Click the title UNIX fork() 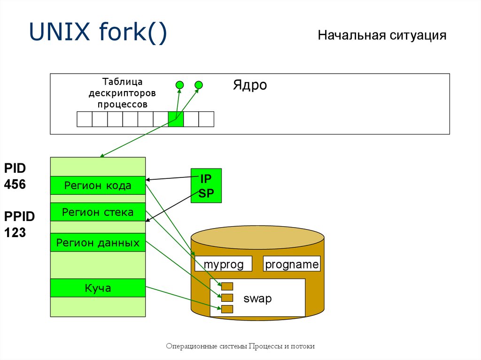pyautogui.click(x=98, y=34)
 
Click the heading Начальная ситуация pyautogui.click(x=381, y=36)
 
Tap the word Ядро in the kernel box pyautogui.click(x=249, y=85)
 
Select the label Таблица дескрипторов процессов pyautogui.click(x=122, y=93)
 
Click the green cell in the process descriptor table pyautogui.click(x=176, y=119)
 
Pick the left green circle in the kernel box pyautogui.click(x=179, y=85)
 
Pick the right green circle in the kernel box pyautogui.click(x=199, y=85)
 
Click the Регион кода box pyautogui.click(x=98, y=185)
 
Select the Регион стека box pyautogui.click(x=98, y=213)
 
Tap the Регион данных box pyautogui.click(x=98, y=243)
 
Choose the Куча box pyautogui.click(x=98, y=288)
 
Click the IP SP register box pyautogui.click(x=206, y=186)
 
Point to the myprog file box pyautogui.click(x=224, y=264)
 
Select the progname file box pyautogui.click(x=292, y=264)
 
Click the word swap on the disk pyautogui.click(x=257, y=299)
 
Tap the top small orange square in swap pyautogui.click(x=227, y=286)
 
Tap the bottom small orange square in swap pyautogui.click(x=227, y=308)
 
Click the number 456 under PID pyautogui.click(x=15, y=184)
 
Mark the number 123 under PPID pyautogui.click(x=15, y=232)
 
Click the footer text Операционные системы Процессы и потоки pyautogui.click(x=240, y=346)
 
